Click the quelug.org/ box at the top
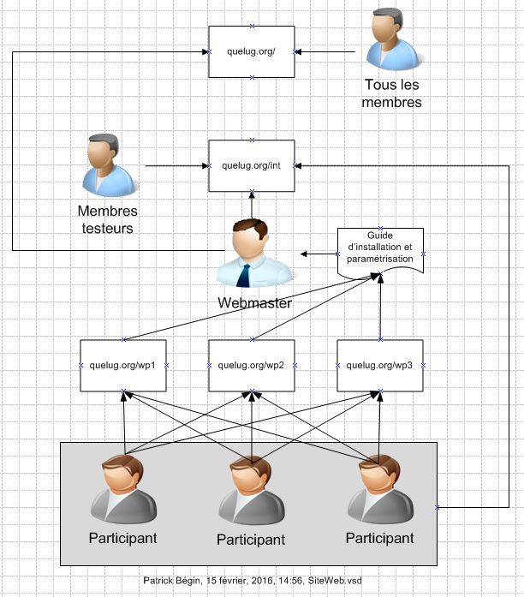point(251,51)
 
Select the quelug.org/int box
point(251,165)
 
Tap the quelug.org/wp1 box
point(122,365)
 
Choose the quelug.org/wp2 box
point(251,365)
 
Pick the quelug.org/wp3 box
point(379,365)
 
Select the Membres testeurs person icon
point(108,164)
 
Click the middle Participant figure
point(251,490)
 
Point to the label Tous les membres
point(393,93)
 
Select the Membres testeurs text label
point(107,219)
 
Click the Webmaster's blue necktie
point(244,274)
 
